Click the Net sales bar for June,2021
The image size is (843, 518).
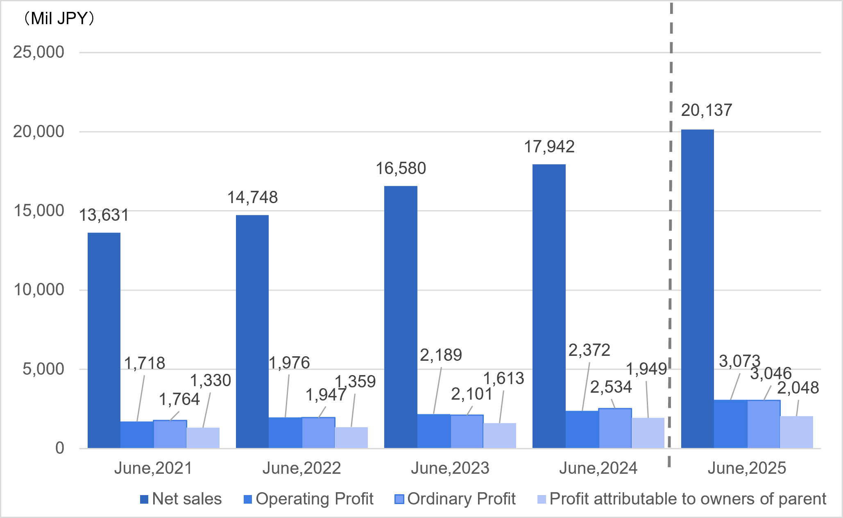tap(104, 340)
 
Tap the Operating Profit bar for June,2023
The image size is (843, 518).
tap(434, 431)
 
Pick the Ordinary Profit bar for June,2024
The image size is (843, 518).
tap(615, 428)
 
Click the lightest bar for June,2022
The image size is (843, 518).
tap(351, 437)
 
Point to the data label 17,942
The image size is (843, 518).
tap(549, 147)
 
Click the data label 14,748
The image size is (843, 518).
tap(252, 197)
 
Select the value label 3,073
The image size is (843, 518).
tap(739, 361)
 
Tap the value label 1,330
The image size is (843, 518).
tap(211, 380)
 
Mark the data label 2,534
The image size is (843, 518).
tap(611, 387)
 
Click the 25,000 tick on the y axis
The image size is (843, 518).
tap(39, 52)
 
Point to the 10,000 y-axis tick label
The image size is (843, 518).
tap(39, 290)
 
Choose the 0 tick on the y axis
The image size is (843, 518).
tap(60, 448)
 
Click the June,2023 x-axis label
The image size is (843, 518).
tap(450, 468)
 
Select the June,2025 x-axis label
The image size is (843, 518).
tap(747, 468)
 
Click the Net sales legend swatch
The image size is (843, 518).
tap(144, 499)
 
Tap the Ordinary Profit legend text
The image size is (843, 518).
tap(461, 499)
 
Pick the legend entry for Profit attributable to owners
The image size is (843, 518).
tap(687, 499)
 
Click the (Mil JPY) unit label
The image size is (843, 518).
tap(59, 18)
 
